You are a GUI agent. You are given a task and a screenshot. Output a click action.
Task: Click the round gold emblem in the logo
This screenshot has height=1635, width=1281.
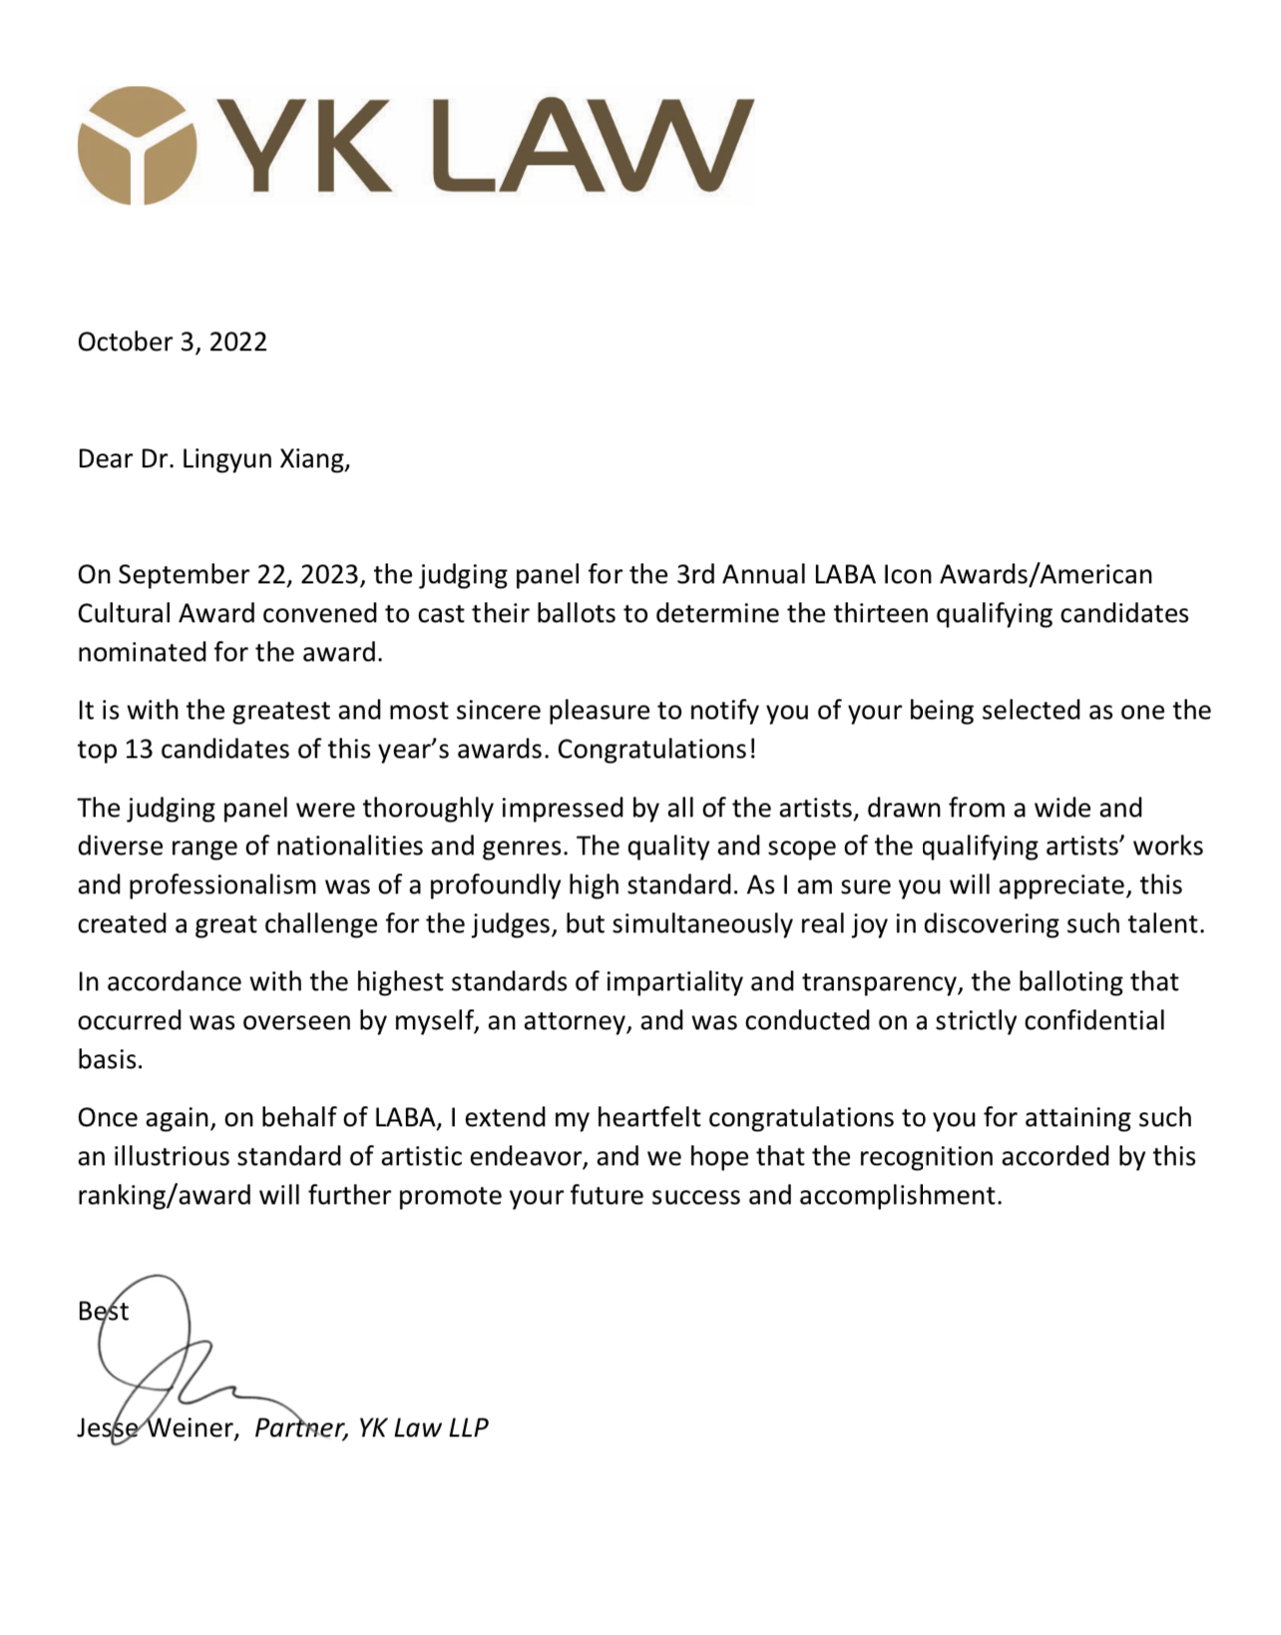(137, 146)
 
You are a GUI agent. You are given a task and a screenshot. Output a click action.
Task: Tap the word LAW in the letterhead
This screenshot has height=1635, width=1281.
(584, 146)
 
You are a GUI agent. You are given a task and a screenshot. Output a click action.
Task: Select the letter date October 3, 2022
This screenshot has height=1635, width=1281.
(173, 342)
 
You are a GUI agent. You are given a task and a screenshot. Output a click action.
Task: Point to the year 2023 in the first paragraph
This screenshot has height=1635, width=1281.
(332, 575)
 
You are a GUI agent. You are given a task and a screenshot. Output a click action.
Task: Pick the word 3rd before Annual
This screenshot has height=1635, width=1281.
(695, 575)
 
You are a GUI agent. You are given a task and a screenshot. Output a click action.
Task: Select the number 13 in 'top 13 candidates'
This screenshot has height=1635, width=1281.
(139, 750)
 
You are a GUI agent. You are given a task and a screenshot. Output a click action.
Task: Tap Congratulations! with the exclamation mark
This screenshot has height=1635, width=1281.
(656, 750)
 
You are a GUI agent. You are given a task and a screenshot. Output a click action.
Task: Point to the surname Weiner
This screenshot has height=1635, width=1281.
(193, 1428)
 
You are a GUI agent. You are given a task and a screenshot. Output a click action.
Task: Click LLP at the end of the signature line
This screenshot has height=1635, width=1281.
(468, 1428)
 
